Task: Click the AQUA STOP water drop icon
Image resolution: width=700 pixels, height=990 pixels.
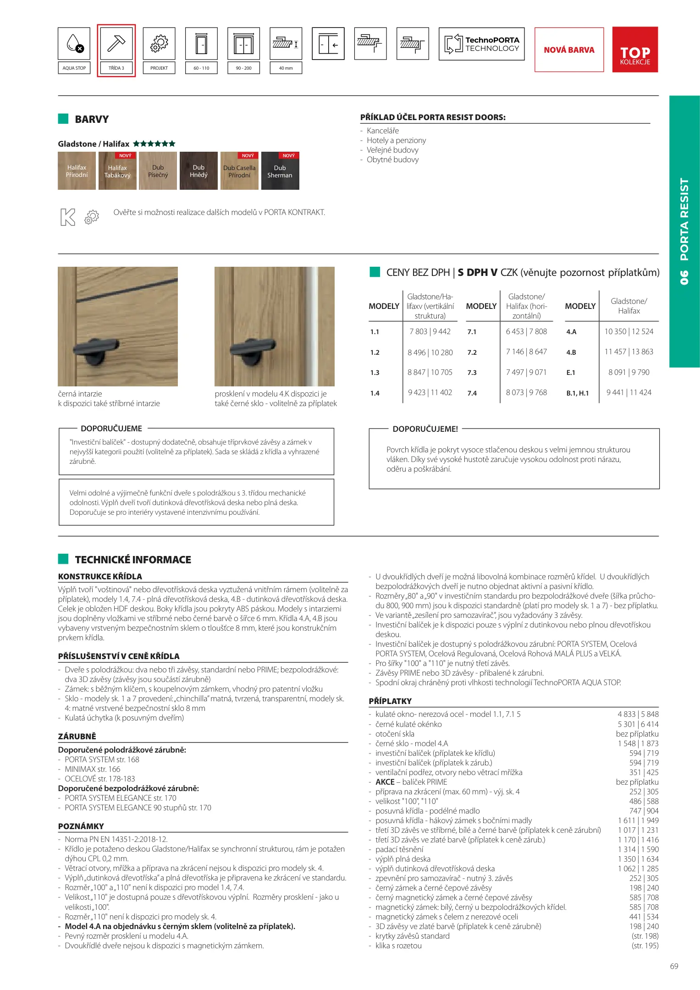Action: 74,44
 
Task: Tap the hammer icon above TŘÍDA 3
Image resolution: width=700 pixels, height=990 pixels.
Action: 116,44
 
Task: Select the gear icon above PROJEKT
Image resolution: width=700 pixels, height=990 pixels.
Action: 159,44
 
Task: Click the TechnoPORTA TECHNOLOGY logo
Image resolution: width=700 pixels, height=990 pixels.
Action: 481,44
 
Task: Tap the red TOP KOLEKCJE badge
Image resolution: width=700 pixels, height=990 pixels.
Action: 635,49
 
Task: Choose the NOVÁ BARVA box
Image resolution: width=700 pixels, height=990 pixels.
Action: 569,49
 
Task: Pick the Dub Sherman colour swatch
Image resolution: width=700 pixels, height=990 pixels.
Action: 280,171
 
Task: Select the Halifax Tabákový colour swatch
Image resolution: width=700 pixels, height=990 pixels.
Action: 117,171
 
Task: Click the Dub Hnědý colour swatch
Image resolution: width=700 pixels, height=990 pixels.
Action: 198,171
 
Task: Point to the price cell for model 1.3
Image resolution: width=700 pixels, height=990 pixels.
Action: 430,372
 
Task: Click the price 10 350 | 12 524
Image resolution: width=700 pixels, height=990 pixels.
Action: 628,331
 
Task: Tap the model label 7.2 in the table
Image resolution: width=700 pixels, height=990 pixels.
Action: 472,352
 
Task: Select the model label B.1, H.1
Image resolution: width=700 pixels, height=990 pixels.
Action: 578,393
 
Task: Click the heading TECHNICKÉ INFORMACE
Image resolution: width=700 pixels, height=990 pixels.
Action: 133,560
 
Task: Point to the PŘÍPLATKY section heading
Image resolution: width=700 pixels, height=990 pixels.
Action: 390,701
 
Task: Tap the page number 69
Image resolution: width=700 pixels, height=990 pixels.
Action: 674,966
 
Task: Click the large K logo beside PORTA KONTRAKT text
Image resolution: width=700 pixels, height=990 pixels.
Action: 68,217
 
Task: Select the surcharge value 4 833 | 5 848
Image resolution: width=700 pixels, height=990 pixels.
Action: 638,714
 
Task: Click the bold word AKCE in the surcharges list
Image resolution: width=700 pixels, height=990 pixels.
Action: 385,782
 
